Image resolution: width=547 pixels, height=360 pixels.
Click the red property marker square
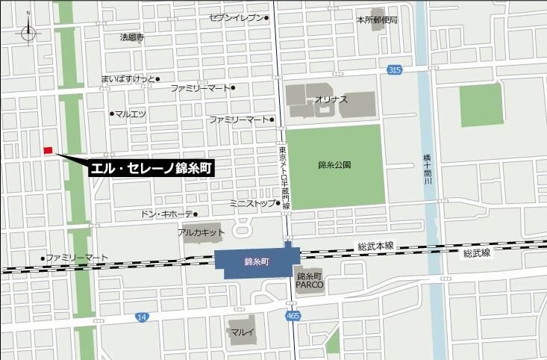tap(48, 150)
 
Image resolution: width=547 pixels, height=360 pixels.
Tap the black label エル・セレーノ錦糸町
tap(151, 168)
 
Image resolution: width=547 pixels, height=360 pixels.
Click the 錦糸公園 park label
tap(334, 164)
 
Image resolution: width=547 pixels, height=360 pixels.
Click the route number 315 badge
tap(394, 69)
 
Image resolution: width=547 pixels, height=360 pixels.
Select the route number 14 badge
tap(142, 317)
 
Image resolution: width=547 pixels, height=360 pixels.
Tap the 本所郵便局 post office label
tap(376, 20)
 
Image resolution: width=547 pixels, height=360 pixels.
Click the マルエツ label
tap(131, 114)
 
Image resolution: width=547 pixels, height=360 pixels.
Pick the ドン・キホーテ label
tap(167, 214)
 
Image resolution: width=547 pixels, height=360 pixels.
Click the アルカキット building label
tap(201, 232)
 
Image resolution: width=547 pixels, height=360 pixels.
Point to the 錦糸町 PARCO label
tap(308, 279)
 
